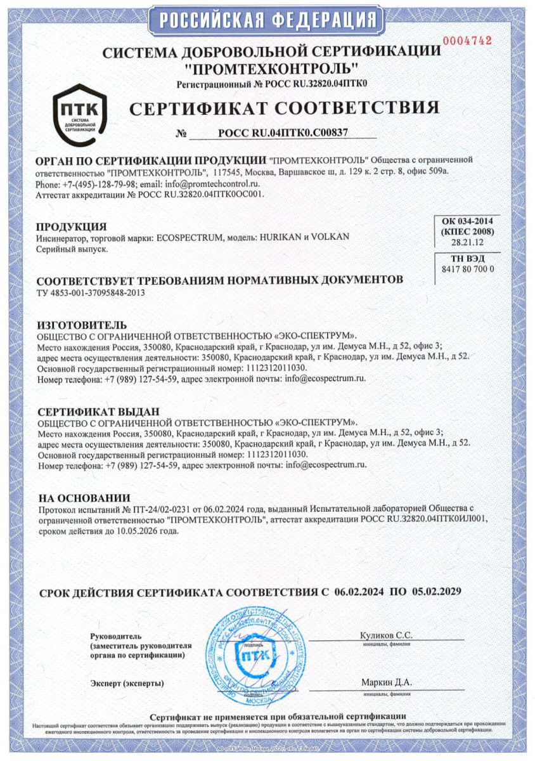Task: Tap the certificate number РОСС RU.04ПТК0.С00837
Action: click(283, 133)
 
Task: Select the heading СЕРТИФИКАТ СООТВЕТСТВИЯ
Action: click(284, 108)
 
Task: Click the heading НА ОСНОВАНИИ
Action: click(84, 498)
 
